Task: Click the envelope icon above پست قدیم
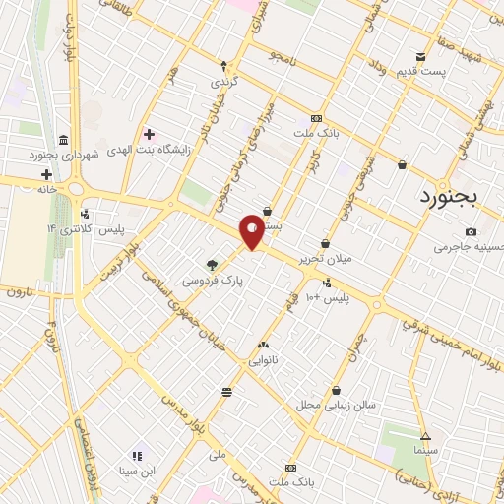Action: coord(421,57)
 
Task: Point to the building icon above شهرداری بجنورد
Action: coord(64,139)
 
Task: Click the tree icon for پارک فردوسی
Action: coord(212,264)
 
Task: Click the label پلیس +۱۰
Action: coord(326,296)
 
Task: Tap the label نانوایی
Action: coord(261,360)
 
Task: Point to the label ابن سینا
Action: coord(137,471)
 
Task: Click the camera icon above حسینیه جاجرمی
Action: coord(471,231)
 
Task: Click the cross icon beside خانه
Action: coord(46,173)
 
